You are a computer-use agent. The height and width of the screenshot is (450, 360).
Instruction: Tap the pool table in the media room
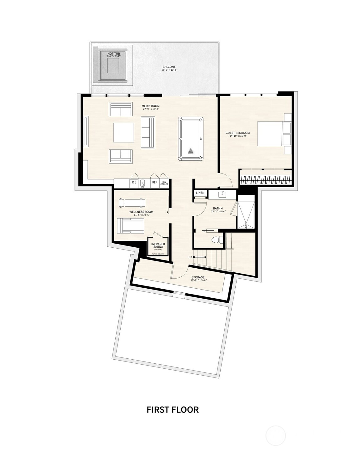coord(191,139)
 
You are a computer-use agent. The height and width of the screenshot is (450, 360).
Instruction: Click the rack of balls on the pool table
coord(191,152)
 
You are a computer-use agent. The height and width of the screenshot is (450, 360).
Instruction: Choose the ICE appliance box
coord(134,183)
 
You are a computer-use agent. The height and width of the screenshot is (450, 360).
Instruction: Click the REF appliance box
coord(154,183)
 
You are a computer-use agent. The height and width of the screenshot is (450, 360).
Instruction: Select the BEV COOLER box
coord(164,183)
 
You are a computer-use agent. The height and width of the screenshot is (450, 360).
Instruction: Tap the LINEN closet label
coord(200,193)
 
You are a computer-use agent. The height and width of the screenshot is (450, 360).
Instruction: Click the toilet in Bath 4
coord(216,240)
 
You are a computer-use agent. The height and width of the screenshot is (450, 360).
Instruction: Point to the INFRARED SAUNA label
coord(158,245)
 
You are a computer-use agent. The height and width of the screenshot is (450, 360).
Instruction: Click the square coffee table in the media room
coord(124,133)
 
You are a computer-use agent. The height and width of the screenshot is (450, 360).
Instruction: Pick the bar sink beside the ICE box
coord(142,183)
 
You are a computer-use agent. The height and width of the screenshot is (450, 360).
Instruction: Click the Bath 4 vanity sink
coord(222,195)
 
